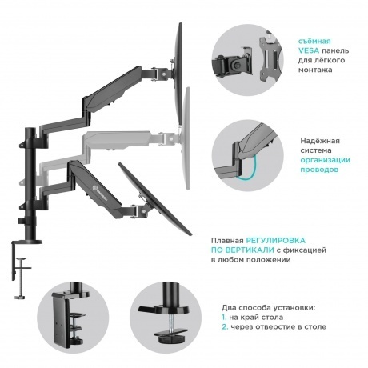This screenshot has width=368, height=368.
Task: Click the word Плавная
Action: pyautogui.click(x=227, y=239)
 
